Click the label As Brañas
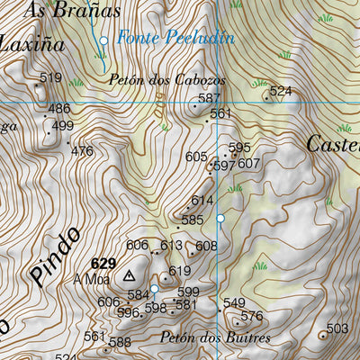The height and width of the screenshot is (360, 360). [x=60, y=11]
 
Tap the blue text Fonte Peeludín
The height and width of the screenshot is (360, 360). [x=175, y=39]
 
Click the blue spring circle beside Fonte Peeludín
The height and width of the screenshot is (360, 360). [x=103, y=40]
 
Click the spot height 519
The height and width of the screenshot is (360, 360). [x=51, y=77]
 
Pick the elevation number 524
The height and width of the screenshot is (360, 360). [x=281, y=91]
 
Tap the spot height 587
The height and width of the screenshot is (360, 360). [x=209, y=98]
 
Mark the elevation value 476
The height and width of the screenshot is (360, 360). [x=82, y=151]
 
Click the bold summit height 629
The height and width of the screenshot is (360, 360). [x=103, y=263]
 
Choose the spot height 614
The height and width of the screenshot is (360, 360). [x=202, y=201]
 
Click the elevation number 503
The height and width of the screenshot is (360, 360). [x=337, y=328]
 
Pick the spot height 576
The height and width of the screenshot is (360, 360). [x=252, y=316]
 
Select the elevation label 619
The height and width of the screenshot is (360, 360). [x=180, y=271]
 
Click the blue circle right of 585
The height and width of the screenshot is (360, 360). [x=220, y=219]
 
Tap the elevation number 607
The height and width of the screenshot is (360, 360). [x=249, y=164]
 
